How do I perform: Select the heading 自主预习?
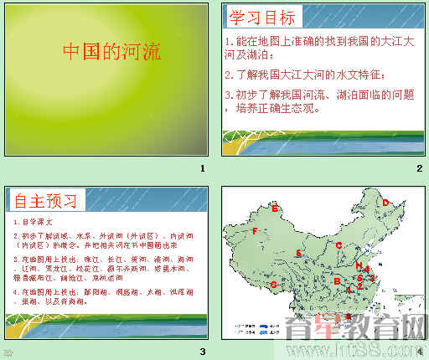(47, 201)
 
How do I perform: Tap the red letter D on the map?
(385, 202)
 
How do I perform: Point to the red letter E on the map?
(274, 208)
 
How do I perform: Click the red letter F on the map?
(254, 230)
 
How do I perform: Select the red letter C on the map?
(339, 245)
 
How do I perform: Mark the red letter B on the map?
(337, 281)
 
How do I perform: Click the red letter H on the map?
(358, 266)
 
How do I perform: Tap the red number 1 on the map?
(349, 291)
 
